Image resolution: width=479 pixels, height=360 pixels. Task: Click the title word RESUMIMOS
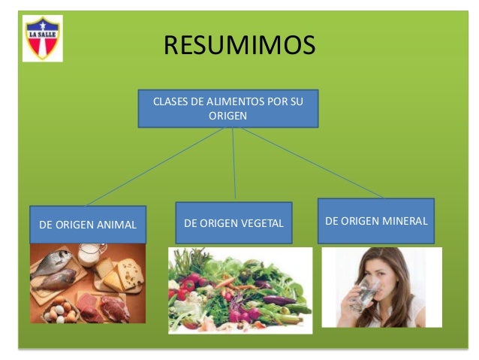pos(239,47)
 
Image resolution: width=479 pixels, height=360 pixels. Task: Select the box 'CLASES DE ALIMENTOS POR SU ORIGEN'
pos(227,109)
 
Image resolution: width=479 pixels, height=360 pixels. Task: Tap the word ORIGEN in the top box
pos(227,116)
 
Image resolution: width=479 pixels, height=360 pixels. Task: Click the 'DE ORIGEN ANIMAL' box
pos(87,224)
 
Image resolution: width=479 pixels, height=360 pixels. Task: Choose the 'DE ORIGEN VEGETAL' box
pos(233,222)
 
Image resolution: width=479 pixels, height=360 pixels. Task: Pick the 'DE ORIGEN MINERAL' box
pos(375,220)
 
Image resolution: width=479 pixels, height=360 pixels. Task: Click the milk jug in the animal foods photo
pos(91,256)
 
